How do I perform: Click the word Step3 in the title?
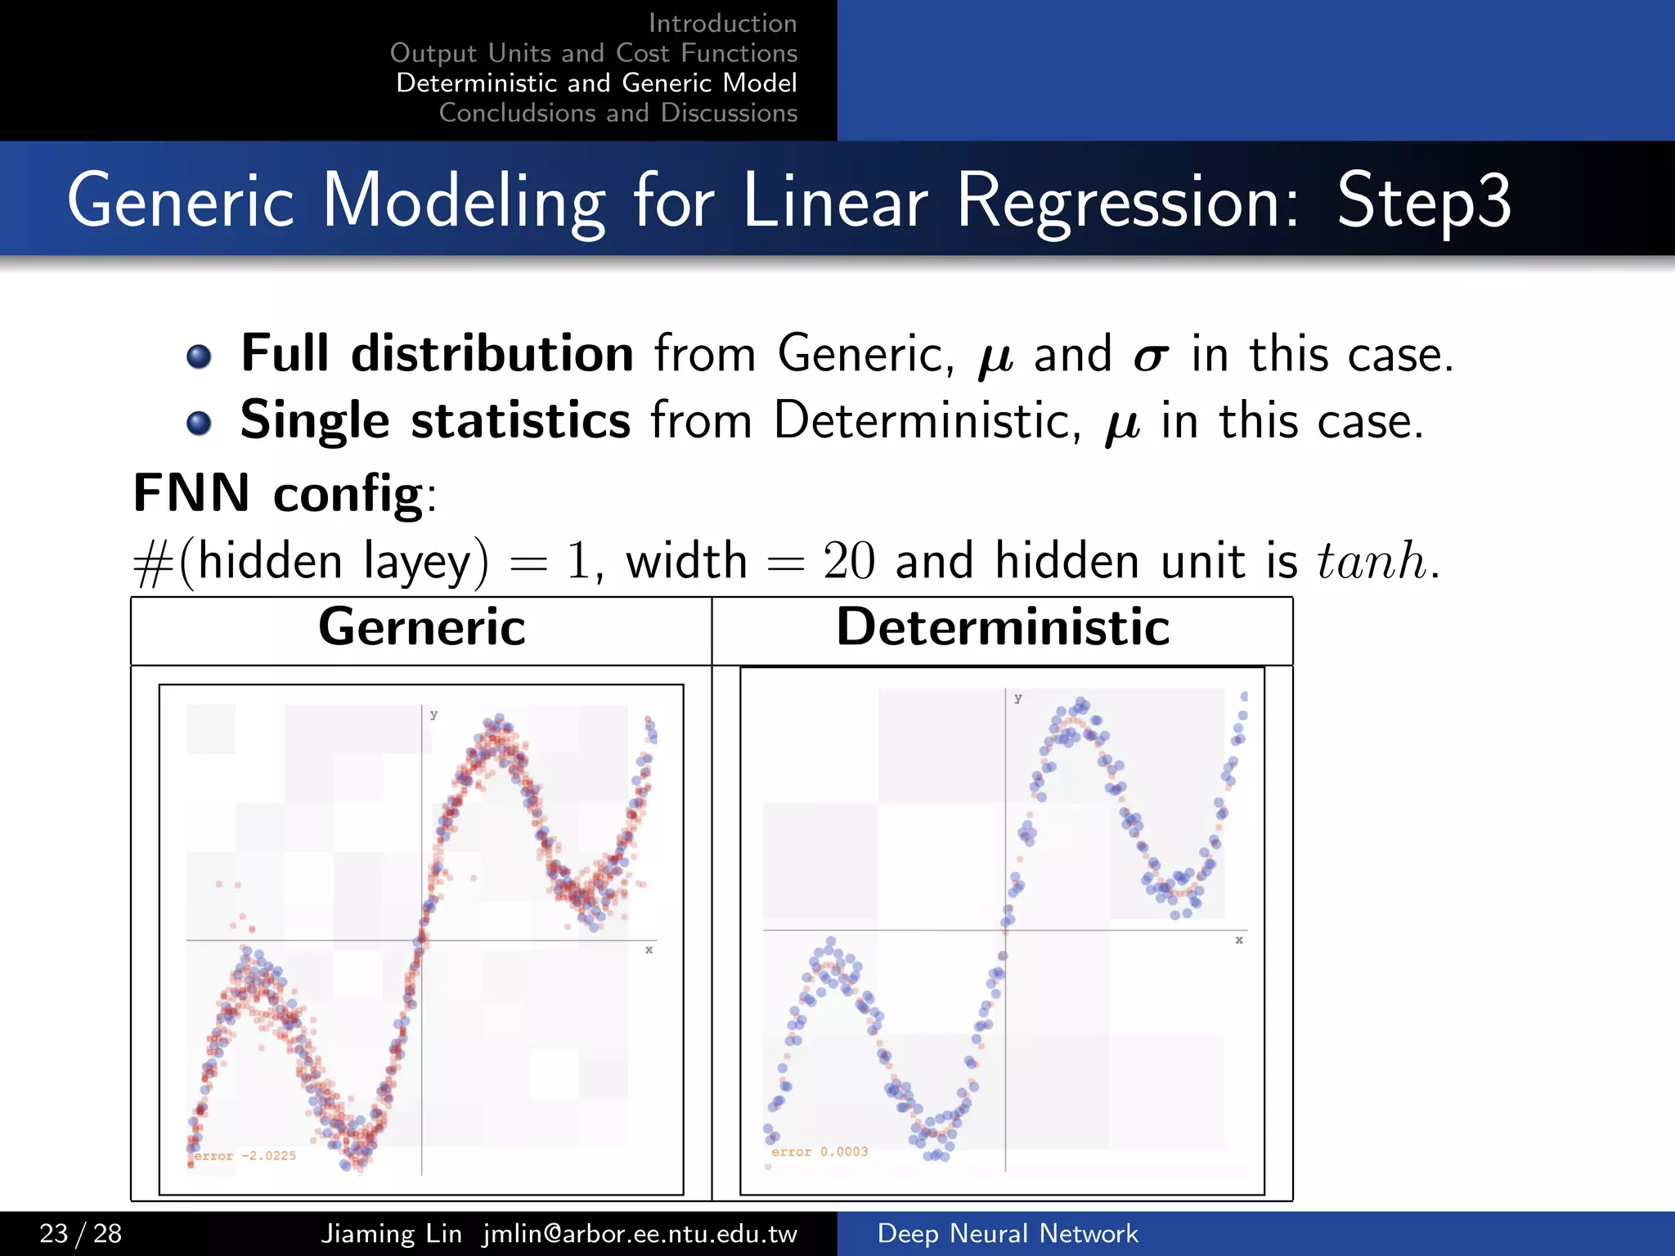[x=1423, y=200]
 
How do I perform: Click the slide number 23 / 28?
[x=80, y=1233]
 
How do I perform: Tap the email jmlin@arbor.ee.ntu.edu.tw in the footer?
[x=640, y=1233]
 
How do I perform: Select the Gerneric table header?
[x=421, y=628]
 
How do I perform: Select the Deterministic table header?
[x=1003, y=628]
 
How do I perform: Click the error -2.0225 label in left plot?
[x=245, y=1155]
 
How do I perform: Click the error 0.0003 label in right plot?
[x=819, y=1151]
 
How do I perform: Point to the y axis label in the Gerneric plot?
[x=434, y=715]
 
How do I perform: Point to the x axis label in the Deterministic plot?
[x=1239, y=940]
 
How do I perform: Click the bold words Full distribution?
[x=437, y=353]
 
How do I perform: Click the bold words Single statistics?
[x=434, y=420]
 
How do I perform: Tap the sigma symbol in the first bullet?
[x=1150, y=357]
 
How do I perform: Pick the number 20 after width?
[x=848, y=562]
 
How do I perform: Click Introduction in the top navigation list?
[x=722, y=23]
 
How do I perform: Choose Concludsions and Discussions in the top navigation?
[x=617, y=113]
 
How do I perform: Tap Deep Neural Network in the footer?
[x=1007, y=1233]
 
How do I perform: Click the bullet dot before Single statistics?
[x=199, y=423]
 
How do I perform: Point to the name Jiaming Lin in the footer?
[x=391, y=1233]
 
